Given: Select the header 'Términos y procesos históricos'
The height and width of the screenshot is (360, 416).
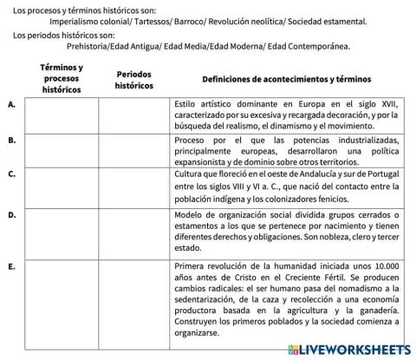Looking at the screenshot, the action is [62, 78].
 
